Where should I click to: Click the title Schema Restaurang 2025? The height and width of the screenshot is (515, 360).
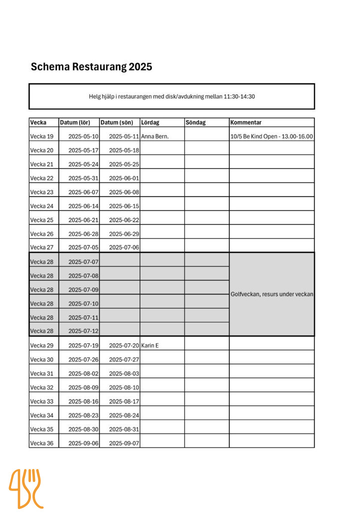91,67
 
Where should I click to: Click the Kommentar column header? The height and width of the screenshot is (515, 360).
246,122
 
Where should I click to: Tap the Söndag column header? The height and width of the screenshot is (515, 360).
195,122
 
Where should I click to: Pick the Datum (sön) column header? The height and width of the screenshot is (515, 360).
116,122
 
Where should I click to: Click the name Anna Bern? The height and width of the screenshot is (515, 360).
155,136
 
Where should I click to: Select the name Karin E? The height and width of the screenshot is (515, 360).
150,345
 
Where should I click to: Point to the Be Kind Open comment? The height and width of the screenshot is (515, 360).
271,136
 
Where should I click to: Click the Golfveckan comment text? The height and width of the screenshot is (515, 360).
271,294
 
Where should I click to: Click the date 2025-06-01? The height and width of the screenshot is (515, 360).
124,178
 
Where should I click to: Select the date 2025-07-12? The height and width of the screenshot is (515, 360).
83,331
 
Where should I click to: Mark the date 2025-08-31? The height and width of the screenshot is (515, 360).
124,429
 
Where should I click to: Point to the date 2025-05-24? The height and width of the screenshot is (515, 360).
83,164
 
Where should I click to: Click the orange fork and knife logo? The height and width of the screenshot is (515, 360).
25,488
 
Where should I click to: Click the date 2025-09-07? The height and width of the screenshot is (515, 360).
124,443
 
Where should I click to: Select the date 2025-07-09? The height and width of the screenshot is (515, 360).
83,289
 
